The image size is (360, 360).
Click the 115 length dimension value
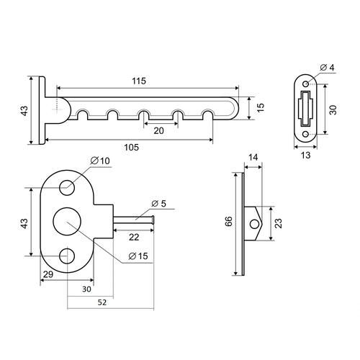pos(139,81)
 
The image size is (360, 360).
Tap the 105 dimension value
pos(132,147)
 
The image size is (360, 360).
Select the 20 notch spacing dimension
pos(158,131)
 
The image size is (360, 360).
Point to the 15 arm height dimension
pos(261,107)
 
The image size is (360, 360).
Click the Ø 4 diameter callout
pos(327,68)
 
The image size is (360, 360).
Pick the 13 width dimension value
pos(305,156)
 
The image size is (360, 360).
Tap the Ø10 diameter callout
pos(100,161)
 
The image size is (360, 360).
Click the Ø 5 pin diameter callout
pos(159,204)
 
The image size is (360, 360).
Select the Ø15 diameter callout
pos(138,256)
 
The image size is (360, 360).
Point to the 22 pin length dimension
pos(134,237)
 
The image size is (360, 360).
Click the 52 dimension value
pos(102,302)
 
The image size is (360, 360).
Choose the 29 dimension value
pos(48,274)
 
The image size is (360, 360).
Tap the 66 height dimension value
pos(228,221)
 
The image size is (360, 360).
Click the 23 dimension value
pos(279,223)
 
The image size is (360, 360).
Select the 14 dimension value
pos(253,157)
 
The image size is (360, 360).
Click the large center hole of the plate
pos(67,221)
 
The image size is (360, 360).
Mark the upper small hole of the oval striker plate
pos(306,84)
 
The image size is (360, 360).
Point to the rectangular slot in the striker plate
pos(305,109)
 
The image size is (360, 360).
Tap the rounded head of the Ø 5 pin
pos(153,220)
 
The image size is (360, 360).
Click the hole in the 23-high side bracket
pos(254,224)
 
